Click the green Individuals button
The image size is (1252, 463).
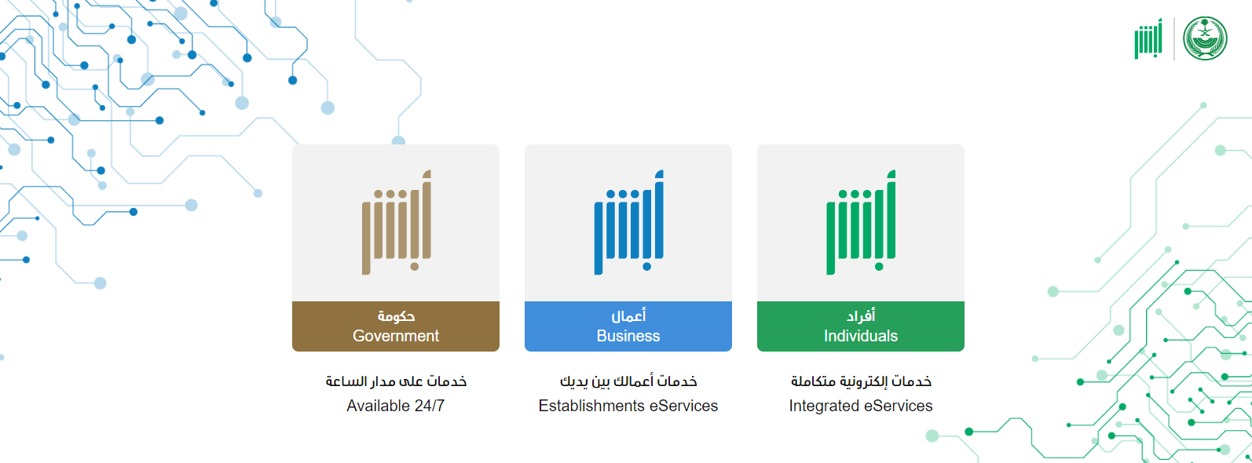pyautogui.click(x=860, y=326)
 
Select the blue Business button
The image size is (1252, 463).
pyautogui.click(x=628, y=326)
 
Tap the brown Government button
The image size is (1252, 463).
pyautogui.click(x=396, y=326)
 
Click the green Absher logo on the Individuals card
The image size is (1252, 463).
pyautogui.click(x=861, y=222)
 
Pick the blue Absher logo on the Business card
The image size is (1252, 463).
pyautogui.click(x=629, y=222)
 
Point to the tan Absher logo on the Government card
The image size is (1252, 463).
pyautogui.click(x=397, y=222)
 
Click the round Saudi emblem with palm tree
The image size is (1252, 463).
pyautogui.click(x=1205, y=38)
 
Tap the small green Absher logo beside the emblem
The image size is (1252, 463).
pyautogui.click(x=1148, y=38)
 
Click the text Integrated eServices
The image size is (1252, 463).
pyautogui.click(x=861, y=406)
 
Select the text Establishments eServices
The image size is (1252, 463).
pyautogui.click(x=628, y=406)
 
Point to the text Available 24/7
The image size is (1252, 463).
pyautogui.click(x=396, y=406)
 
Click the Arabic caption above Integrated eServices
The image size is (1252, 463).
pyautogui.click(x=861, y=381)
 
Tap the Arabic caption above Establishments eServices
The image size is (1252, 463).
pyautogui.click(x=628, y=381)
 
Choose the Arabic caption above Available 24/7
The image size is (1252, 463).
pyautogui.click(x=396, y=381)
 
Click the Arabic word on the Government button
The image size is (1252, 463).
pyautogui.click(x=396, y=316)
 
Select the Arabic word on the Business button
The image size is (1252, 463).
pyautogui.click(x=628, y=316)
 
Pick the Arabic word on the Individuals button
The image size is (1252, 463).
pyautogui.click(x=861, y=316)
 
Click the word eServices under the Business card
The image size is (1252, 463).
pyautogui.click(x=683, y=406)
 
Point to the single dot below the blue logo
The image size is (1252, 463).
pyautogui.click(x=646, y=266)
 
